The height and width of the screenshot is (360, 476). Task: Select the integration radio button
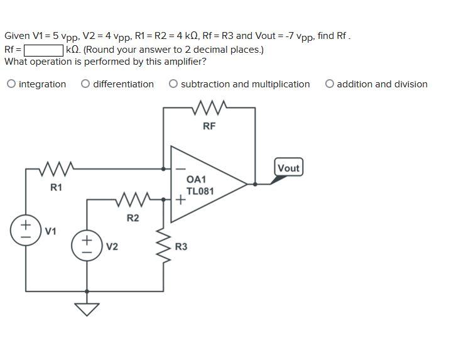11,84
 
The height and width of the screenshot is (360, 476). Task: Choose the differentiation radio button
85,84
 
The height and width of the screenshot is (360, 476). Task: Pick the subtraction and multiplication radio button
173,84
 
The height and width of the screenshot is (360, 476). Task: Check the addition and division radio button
330,84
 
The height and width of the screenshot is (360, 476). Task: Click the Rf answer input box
43,50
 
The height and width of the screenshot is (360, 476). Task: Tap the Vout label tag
288,168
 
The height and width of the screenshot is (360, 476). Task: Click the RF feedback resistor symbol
209,108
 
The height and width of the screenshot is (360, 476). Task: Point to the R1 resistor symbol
57,168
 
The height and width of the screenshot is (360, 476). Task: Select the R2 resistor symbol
133,200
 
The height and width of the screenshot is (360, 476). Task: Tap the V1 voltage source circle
26,229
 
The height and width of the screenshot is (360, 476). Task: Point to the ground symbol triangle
87,309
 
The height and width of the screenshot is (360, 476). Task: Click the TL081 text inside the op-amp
200,191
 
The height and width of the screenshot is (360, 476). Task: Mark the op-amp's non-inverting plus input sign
180,200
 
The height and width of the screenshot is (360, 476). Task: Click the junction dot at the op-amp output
255,184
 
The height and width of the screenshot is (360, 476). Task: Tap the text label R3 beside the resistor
181,247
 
